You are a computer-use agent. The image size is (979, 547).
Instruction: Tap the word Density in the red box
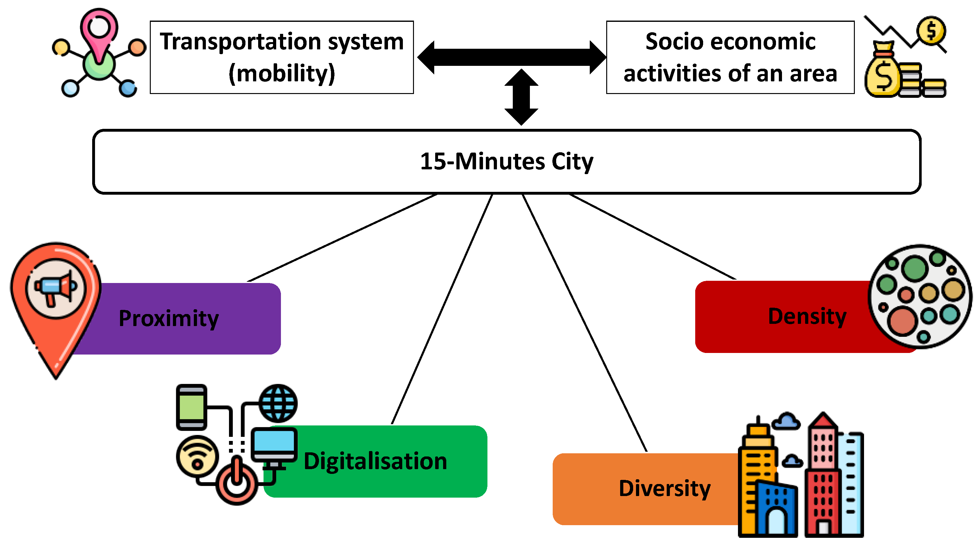pos(807,317)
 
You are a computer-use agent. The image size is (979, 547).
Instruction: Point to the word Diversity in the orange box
pos(664,488)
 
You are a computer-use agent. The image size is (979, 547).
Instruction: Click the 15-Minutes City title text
pos(506,161)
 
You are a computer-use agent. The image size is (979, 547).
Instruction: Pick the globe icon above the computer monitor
pos(278,403)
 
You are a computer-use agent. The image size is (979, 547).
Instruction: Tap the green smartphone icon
pos(192,406)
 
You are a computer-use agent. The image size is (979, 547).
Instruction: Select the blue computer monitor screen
pos(274,442)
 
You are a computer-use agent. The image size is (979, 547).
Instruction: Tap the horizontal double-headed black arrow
pos(511,57)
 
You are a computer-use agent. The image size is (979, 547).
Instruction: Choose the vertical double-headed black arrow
pos(521,97)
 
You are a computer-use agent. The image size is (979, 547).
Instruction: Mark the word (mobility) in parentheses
pos(282,73)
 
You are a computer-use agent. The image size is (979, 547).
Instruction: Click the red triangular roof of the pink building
pos(823,420)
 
